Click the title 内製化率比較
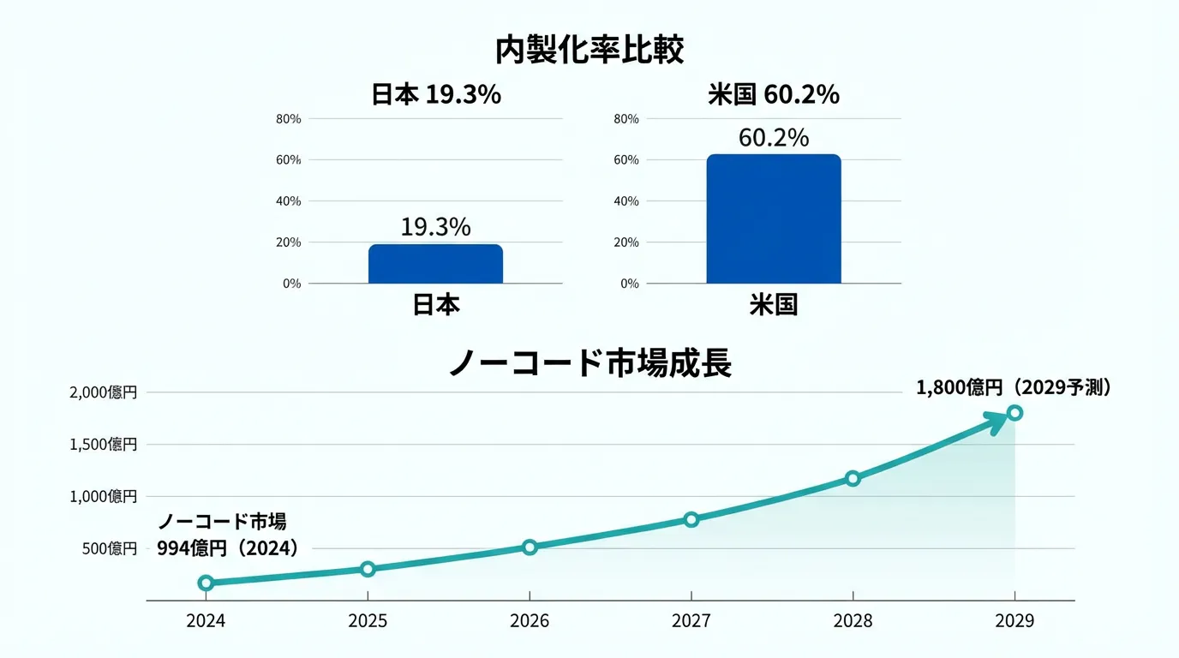pyautogui.click(x=589, y=51)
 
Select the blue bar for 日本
pyautogui.click(x=435, y=264)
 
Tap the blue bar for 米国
pyautogui.click(x=773, y=219)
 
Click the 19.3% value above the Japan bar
pyautogui.click(x=435, y=227)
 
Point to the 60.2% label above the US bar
pyautogui.click(x=773, y=138)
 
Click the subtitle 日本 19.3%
pyautogui.click(x=435, y=95)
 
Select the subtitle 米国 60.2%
pyautogui.click(x=773, y=95)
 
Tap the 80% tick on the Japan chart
pyautogui.click(x=289, y=119)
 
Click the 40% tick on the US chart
pyautogui.click(x=627, y=201)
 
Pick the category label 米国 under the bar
pyautogui.click(x=773, y=305)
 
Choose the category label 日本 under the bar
pyautogui.click(x=435, y=305)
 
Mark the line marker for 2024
pyautogui.click(x=206, y=583)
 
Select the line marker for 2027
pyautogui.click(x=691, y=519)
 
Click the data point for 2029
pyautogui.click(x=1015, y=412)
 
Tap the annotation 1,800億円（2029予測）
pyautogui.click(x=1014, y=388)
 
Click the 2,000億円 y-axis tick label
pyautogui.click(x=104, y=392)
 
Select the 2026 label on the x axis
pyautogui.click(x=530, y=621)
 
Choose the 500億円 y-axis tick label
pyautogui.click(x=110, y=548)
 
